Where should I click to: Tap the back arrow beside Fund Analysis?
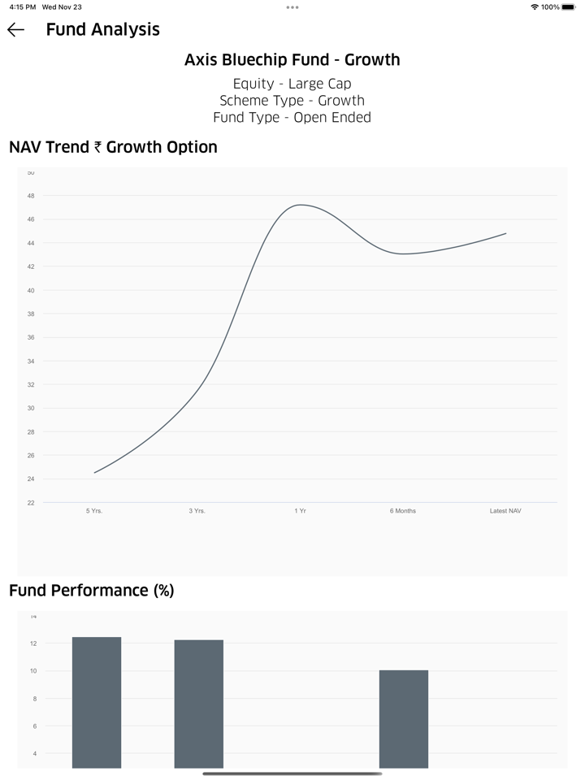pyautogui.click(x=15, y=30)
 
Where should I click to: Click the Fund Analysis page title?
pyautogui.click(x=102, y=30)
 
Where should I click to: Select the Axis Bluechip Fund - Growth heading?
pyautogui.click(x=292, y=60)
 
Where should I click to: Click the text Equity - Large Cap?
pyautogui.click(x=292, y=84)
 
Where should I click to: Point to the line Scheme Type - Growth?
pyautogui.click(x=292, y=101)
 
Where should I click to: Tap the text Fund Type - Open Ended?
pyautogui.click(x=292, y=118)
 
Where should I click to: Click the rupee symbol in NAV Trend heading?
pyautogui.click(x=97, y=148)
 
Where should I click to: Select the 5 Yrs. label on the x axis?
pyautogui.click(x=94, y=511)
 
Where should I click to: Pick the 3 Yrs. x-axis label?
pyautogui.click(x=197, y=511)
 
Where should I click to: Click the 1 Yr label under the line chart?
pyautogui.click(x=300, y=511)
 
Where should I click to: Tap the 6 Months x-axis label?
pyautogui.click(x=402, y=511)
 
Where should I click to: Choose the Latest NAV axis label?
pyautogui.click(x=505, y=511)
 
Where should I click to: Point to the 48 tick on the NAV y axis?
pyautogui.click(x=31, y=196)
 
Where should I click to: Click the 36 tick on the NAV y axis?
pyautogui.click(x=31, y=337)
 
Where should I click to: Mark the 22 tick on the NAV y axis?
pyautogui.click(x=31, y=503)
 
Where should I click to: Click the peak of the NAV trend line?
pyautogui.click(x=301, y=205)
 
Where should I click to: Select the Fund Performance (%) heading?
pyautogui.click(x=92, y=591)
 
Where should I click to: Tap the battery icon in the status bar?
pyautogui.click(x=568, y=7)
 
